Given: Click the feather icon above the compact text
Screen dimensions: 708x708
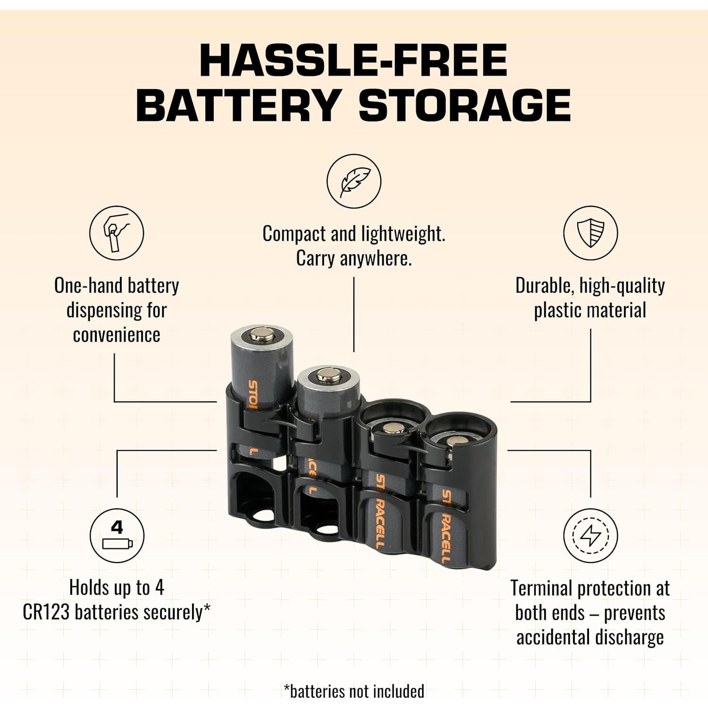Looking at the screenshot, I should pyautogui.click(x=354, y=181).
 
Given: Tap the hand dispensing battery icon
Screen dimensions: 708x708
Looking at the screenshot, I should pyautogui.click(x=117, y=233).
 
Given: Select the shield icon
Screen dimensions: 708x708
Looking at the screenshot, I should pyautogui.click(x=590, y=233).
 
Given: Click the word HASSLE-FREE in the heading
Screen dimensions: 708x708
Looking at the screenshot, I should pyautogui.click(x=354, y=60).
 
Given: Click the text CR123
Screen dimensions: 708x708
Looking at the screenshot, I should pyautogui.click(x=46, y=613).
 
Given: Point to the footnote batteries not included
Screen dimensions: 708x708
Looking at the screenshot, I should pyautogui.click(x=354, y=691).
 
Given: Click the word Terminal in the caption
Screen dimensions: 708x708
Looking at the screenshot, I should pyautogui.click(x=541, y=589).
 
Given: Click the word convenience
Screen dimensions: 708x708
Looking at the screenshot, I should pyautogui.click(x=117, y=335).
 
